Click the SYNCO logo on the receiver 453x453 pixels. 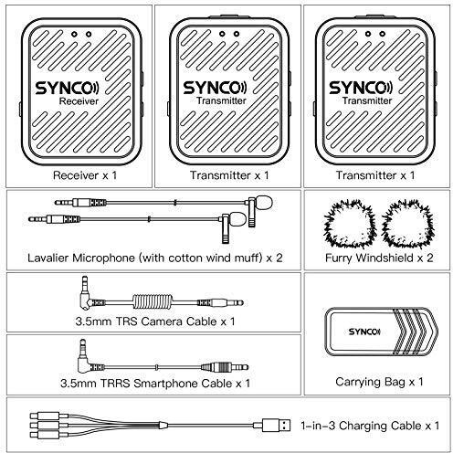tap(67, 89)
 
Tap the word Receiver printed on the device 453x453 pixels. tap(79, 101)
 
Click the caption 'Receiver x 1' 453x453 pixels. tap(85, 175)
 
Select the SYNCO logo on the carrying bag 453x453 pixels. tap(364, 332)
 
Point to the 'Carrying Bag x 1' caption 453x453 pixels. tap(379, 382)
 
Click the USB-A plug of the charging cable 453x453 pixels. tap(273, 425)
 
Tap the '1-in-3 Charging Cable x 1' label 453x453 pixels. tap(370, 426)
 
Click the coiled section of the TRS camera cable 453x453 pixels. tap(153, 302)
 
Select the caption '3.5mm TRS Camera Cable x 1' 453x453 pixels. tap(155, 321)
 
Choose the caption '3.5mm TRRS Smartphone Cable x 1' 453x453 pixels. tap(155, 384)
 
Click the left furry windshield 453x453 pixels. tap(350, 224)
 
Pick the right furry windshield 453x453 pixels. tap(408, 224)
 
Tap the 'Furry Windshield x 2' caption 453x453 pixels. tap(379, 258)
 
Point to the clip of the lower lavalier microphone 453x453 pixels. tap(226, 229)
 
